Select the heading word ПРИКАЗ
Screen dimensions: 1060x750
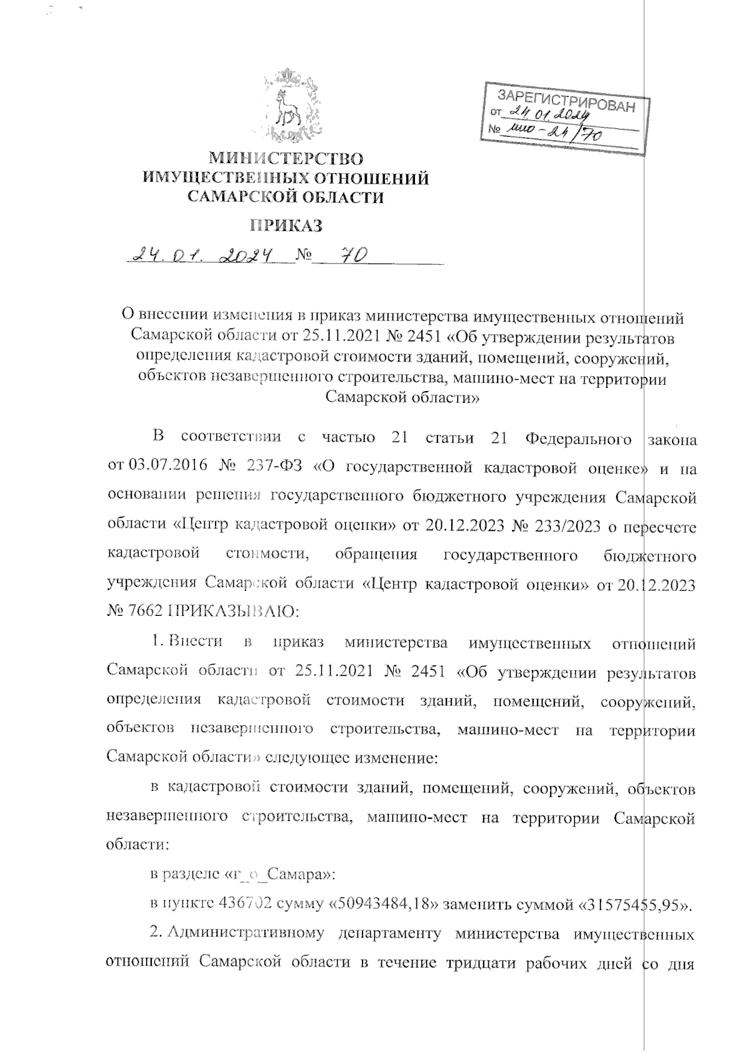tap(286, 225)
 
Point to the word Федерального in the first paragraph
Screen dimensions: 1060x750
tap(578, 438)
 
